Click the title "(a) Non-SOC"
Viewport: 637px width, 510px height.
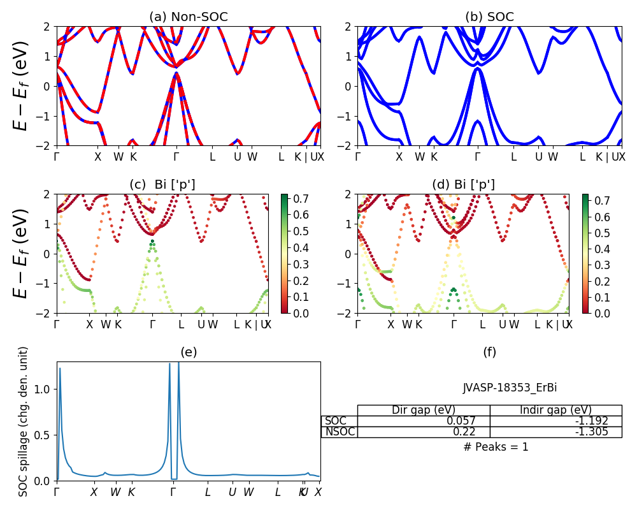coord(188,17)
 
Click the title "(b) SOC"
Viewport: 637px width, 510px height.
coord(489,17)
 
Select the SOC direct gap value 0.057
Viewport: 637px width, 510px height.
coord(469,421)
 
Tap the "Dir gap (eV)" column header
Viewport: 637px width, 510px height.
coord(424,410)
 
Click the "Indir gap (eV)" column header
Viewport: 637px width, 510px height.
coord(555,410)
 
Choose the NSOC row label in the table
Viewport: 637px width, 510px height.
coord(340,432)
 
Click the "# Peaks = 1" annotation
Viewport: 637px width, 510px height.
coord(496,447)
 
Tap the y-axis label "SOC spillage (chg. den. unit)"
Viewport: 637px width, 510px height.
coord(24,421)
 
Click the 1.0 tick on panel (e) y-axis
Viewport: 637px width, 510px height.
coord(43,389)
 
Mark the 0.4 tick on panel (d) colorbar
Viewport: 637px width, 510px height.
coord(599,249)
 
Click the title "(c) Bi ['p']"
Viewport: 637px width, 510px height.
coord(162,185)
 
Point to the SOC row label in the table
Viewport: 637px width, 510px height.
coord(336,421)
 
